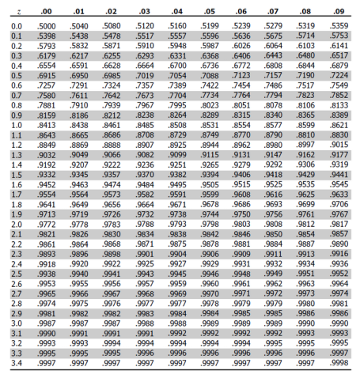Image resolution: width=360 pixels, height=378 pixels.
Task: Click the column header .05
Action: [209, 11]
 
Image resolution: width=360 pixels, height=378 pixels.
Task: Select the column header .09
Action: [339, 11]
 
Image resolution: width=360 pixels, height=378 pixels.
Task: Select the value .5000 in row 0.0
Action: [47, 27]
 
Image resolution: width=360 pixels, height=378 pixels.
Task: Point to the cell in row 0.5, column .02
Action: [112, 76]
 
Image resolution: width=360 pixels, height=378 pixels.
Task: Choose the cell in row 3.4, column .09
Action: [339, 361]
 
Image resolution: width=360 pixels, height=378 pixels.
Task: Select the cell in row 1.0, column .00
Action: [47, 125]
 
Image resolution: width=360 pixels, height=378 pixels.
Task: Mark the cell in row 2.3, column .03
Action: [144, 253]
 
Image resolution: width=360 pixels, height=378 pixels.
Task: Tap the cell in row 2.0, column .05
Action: [209, 224]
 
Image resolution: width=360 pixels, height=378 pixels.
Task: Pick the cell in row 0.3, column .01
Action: [79, 56]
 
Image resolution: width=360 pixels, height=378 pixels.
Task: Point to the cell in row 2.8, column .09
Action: [339, 302]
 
